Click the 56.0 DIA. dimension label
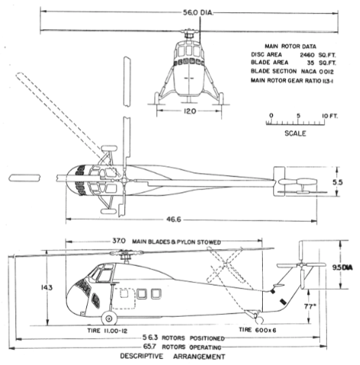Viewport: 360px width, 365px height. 198,13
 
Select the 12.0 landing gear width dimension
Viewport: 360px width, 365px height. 190,111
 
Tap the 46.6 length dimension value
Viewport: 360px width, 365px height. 174,220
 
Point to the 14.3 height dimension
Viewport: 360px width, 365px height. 47,288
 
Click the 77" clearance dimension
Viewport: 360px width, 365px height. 310,307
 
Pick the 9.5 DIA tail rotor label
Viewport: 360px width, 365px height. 342,268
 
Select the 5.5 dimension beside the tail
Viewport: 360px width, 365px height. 338,182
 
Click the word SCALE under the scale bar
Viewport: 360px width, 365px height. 295,134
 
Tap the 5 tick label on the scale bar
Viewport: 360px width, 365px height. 298,116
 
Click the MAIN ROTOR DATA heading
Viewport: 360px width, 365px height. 290,47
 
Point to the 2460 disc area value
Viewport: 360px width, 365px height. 307,55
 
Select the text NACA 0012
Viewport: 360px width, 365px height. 317,71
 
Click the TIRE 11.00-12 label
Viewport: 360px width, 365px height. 107,331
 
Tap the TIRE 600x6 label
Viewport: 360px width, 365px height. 257,330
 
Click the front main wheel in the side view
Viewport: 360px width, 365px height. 109,318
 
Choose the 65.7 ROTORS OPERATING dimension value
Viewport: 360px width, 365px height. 149,347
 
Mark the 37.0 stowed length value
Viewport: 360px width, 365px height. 119,241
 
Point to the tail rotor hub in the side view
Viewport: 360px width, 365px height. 302,265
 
